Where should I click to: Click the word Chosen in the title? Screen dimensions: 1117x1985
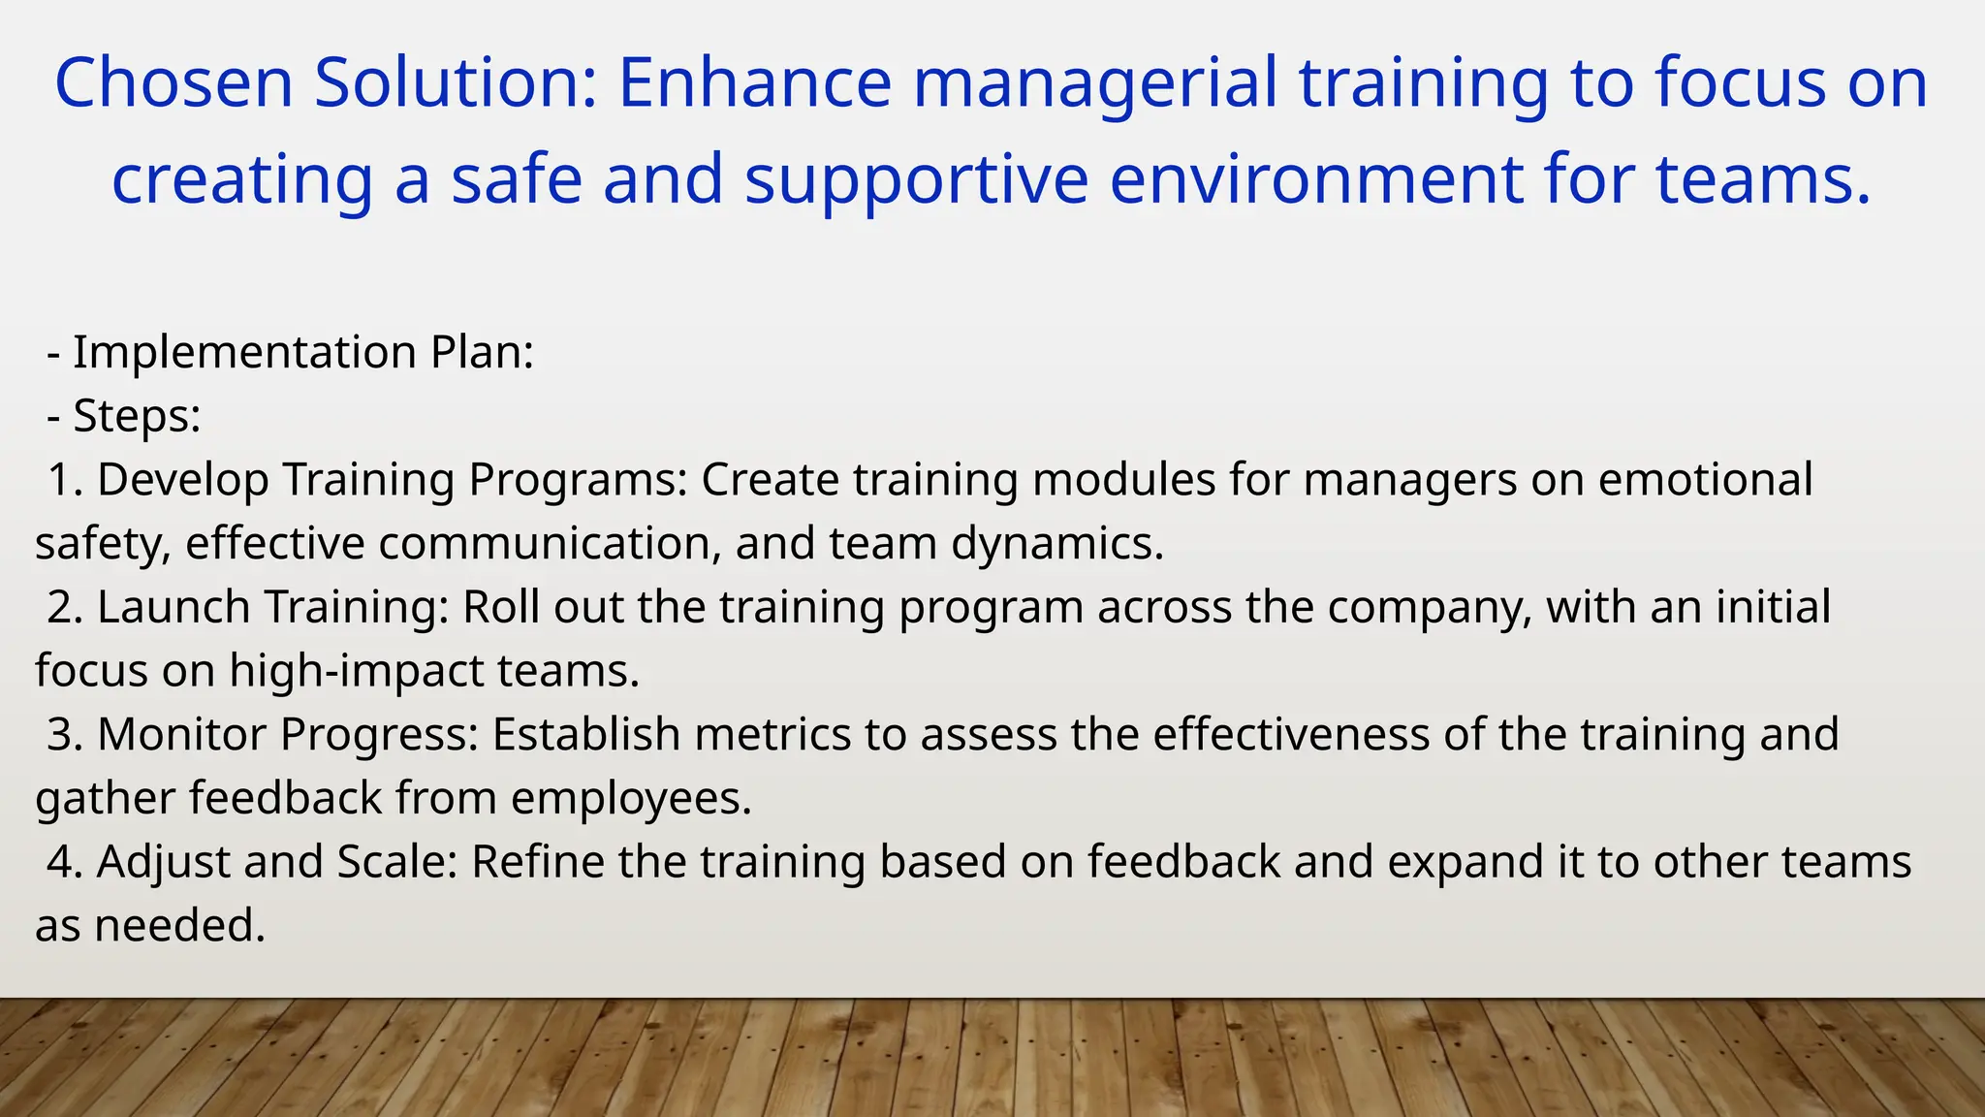click(173, 83)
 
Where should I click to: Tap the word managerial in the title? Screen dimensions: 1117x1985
click(1095, 83)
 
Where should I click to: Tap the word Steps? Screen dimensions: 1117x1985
click(137, 416)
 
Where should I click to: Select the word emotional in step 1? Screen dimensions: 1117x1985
click(1704, 480)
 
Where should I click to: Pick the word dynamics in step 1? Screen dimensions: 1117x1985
click(1056, 543)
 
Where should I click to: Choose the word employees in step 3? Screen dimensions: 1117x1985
click(631, 799)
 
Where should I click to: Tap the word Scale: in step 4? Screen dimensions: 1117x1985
click(396, 862)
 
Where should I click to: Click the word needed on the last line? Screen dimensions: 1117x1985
click(179, 926)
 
